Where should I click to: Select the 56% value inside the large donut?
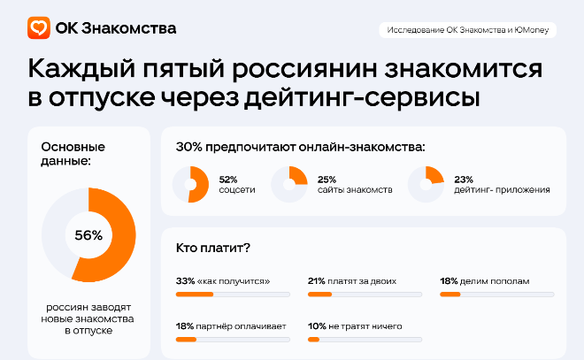[88, 235]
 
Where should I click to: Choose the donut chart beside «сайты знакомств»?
[289, 184]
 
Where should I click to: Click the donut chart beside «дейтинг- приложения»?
[426, 184]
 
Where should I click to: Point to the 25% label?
[327, 178]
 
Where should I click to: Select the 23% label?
[463, 178]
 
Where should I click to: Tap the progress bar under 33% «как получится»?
[233, 294]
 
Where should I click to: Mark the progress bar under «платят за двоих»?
[364, 294]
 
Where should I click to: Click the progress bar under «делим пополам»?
[496, 294]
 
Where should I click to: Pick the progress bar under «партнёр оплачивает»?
[233, 340]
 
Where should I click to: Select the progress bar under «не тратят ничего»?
[364, 340]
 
